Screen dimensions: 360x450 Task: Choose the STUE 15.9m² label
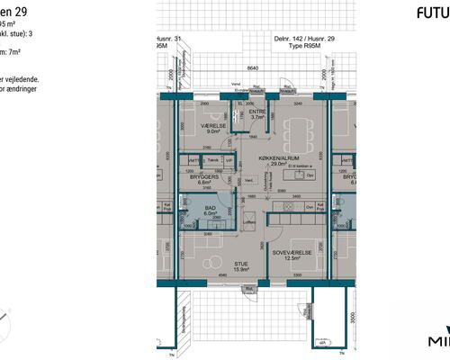[x=215, y=265]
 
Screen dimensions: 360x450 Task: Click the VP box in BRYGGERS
[x=229, y=162]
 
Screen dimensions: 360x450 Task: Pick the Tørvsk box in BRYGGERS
[x=212, y=162]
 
